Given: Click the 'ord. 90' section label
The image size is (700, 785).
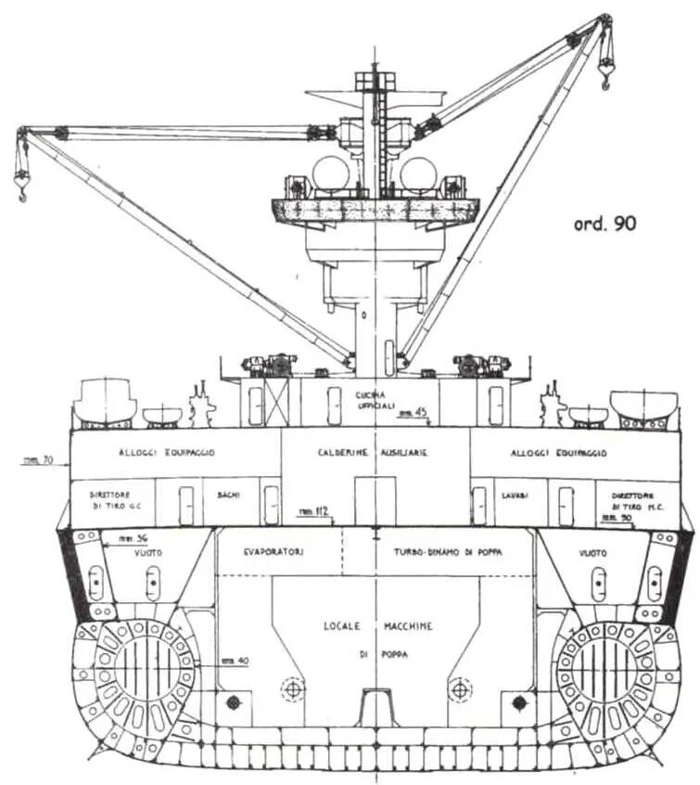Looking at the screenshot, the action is [x=602, y=224].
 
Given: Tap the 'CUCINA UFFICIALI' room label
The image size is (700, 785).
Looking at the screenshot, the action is [x=375, y=401].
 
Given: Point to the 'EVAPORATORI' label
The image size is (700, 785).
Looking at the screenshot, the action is [x=276, y=552].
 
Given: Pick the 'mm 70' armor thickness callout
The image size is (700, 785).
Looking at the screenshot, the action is [x=37, y=459].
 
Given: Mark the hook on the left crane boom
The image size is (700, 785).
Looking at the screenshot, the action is [x=20, y=189].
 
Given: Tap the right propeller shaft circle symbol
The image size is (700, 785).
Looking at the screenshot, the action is [x=457, y=689].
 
